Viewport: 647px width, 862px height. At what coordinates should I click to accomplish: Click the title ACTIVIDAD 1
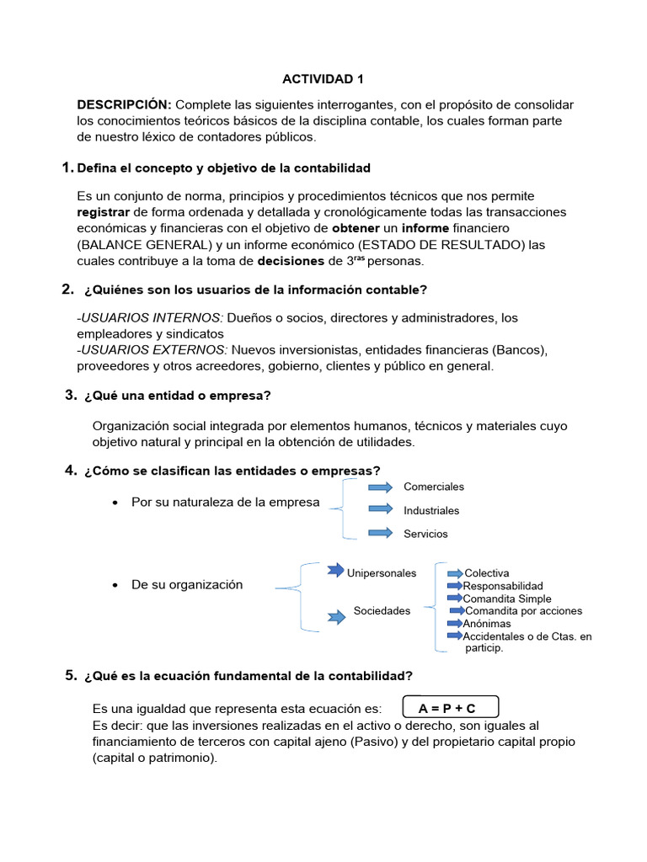tap(323, 79)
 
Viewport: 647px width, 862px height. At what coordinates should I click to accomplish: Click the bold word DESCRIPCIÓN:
tap(125, 104)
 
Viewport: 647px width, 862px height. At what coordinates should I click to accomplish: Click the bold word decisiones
tap(291, 261)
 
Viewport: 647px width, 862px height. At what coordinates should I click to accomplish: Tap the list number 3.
tap(71, 396)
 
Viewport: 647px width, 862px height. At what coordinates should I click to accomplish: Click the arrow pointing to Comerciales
tap(381, 487)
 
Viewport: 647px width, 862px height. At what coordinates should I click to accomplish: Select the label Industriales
tap(431, 510)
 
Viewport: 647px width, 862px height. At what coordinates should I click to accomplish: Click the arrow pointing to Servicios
tap(381, 532)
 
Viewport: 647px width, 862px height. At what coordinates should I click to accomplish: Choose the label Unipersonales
tap(382, 573)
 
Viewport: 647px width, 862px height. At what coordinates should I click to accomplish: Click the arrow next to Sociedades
tap(336, 618)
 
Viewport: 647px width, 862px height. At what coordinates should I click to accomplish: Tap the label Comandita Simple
tap(507, 599)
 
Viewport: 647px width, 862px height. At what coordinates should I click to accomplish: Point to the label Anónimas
tap(487, 624)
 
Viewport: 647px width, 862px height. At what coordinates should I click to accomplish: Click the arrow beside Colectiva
tap(455, 573)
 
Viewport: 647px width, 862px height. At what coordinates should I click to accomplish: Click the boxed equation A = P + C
tap(452, 708)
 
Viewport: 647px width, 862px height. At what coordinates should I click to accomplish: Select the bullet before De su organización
tap(114, 585)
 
